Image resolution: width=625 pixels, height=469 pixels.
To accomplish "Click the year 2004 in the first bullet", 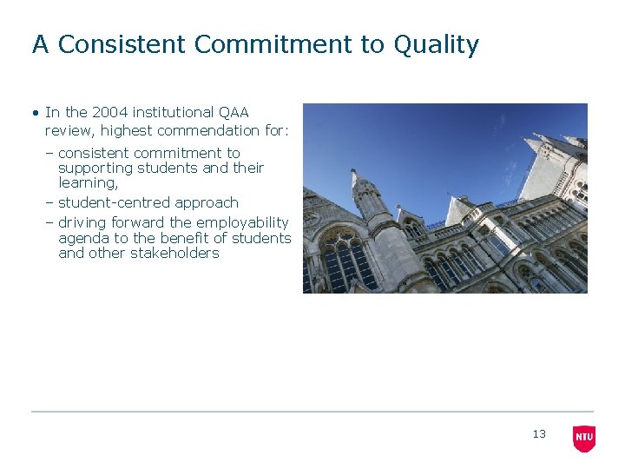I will click(109, 112).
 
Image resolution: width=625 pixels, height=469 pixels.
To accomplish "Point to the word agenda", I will click(83, 238).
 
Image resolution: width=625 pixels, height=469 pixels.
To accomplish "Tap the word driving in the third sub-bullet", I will click(82, 222).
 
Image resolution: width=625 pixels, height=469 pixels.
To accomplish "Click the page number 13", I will click(539, 434).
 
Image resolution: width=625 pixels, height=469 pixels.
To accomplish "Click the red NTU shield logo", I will click(584, 438).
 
